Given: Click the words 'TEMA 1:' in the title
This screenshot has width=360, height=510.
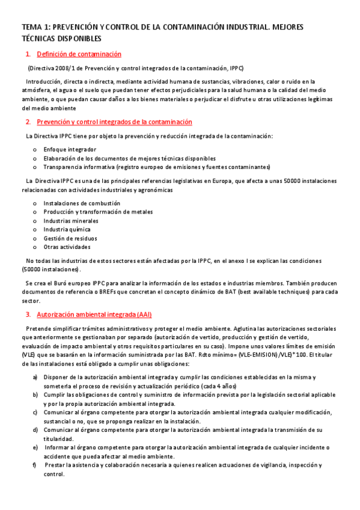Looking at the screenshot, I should click(36, 28).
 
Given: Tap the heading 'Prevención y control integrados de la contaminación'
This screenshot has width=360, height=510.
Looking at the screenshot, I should click(114, 122).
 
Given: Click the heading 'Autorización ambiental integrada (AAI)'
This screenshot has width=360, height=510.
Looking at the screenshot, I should click(94, 315).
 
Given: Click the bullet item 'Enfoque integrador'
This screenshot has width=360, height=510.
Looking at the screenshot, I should click(70, 149).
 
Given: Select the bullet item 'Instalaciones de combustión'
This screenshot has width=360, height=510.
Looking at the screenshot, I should click(82, 203).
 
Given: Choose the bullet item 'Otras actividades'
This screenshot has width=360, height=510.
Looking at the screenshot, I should click(67, 247).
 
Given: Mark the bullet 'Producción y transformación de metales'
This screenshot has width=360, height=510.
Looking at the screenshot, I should click(98, 212).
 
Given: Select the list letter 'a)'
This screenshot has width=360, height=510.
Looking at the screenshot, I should click(35, 377).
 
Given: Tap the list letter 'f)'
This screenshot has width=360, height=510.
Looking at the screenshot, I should click(35, 465).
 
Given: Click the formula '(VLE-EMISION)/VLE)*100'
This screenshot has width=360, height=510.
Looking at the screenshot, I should click(270, 355).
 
